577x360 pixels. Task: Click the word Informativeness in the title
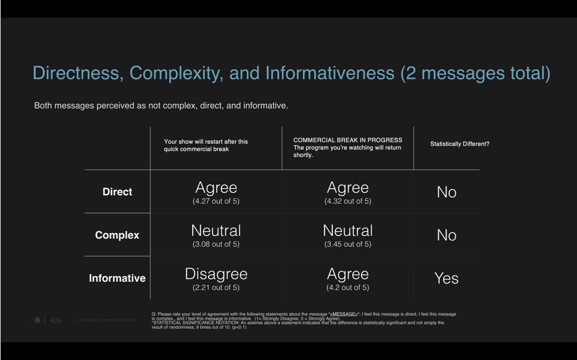click(330, 73)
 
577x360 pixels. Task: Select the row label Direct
click(117, 192)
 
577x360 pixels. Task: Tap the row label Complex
click(117, 235)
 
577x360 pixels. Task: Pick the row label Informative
click(117, 278)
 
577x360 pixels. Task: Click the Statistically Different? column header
click(460, 144)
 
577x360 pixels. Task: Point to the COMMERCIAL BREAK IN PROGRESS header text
click(348, 140)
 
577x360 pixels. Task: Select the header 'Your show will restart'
click(206, 145)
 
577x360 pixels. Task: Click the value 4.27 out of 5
click(216, 201)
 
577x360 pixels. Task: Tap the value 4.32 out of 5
click(348, 201)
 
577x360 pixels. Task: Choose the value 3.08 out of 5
click(216, 244)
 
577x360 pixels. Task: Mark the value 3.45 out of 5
click(348, 244)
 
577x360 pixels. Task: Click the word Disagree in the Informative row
click(216, 274)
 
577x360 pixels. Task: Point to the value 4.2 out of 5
click(348, 287)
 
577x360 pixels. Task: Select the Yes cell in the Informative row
click(446, 278)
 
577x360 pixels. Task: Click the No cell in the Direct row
click(446, 192)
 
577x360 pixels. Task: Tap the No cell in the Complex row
click(446, 235)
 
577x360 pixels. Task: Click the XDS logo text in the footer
click(55, 320)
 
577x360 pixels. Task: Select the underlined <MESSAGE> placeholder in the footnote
click(344, 314)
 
